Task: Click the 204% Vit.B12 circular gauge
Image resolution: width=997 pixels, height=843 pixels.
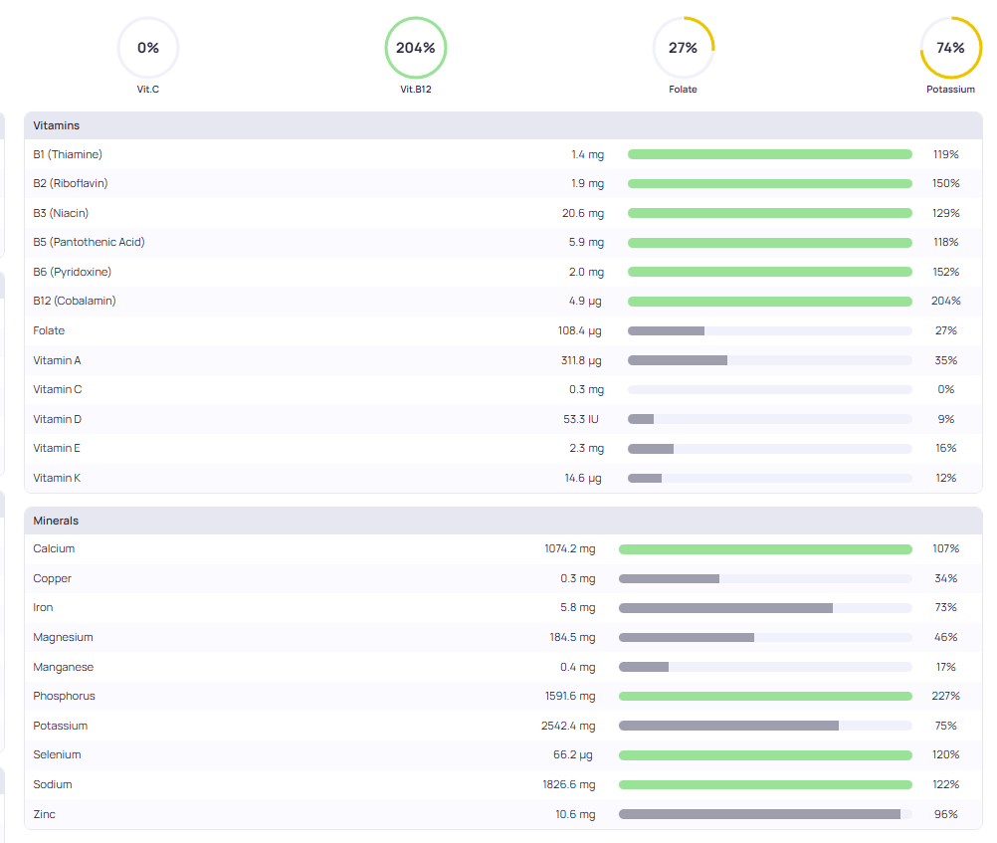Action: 416,48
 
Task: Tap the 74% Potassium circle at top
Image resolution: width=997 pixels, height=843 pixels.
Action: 950,48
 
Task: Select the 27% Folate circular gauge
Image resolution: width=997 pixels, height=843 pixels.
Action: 683,48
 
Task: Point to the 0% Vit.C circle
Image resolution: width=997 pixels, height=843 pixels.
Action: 148,48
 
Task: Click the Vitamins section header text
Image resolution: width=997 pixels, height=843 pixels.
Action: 57,126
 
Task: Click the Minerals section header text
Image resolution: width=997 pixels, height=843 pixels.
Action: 56,521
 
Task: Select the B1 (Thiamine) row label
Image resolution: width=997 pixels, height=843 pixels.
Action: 68,154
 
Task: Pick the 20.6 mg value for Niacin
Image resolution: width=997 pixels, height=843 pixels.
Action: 582,213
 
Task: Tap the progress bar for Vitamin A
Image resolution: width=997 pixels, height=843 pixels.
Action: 769,360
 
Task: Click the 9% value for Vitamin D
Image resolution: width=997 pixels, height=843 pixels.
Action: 945,419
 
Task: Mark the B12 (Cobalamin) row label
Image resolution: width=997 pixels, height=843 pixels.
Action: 76,301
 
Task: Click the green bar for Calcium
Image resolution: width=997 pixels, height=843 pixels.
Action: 765,549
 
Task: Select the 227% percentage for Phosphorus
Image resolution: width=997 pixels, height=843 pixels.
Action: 945,696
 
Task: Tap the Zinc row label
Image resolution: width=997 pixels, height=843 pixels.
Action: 45,814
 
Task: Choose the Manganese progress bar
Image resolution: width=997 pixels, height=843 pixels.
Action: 765,667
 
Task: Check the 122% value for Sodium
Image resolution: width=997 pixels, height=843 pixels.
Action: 945,784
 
